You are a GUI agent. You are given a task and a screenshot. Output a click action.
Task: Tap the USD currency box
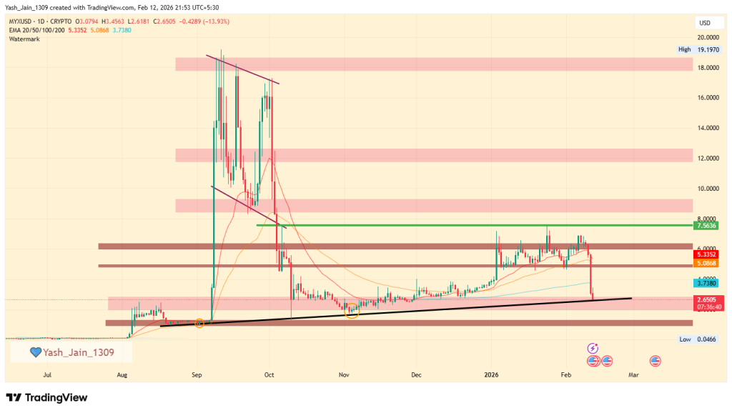pyautogui.click(x=704, y=24)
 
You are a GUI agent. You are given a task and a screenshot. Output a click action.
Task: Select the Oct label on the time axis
pyautogui.click(x=269, y=374)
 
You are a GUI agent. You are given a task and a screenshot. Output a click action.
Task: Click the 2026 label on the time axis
pyautogui.click(x=492, y=374)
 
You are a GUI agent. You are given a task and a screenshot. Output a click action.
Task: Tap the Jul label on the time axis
pyautogui.click(x=47, y=374)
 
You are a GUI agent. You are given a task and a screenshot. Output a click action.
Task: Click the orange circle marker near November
pyautogui.click(x=351, y=309)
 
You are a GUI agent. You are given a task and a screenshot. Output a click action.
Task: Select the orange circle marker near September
pyautogui.click(x=199, y=324)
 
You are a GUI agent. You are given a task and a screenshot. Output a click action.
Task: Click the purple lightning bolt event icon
pyautogui.click(x=592, y=348)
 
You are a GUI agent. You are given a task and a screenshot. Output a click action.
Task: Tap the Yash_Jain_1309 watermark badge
pyautogui.click(x=71, y=352)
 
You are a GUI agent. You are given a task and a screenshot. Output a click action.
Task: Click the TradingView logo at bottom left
pyautogui.click(x=47, y=397)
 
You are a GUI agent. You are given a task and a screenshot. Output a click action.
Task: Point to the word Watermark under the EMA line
pyautogui.click(x=24, y=39)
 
